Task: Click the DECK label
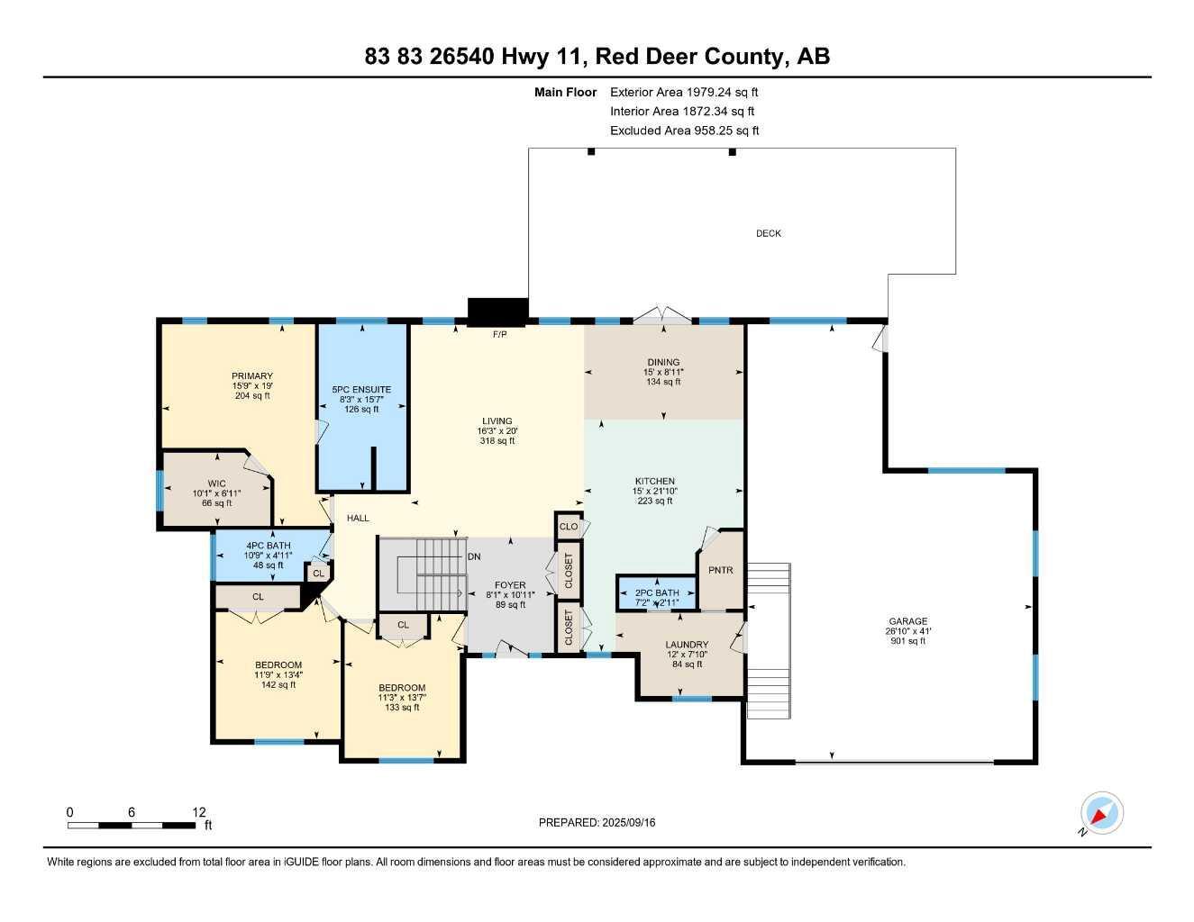pos(768,233)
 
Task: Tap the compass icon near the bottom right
pos(1102,813)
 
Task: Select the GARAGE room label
pos(907,621)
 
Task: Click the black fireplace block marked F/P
pos(497,312)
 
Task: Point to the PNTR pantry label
pos(721,570)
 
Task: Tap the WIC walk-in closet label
pos(216,484)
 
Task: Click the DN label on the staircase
pos(474,556)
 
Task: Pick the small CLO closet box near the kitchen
pos(569,526)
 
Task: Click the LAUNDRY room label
pos(688,645)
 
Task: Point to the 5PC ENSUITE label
pos(361,390)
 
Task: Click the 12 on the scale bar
pos(200,811)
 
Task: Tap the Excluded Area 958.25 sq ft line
pos(684,131)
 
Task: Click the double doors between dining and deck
pos(663,315)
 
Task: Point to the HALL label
pos(358,518)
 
